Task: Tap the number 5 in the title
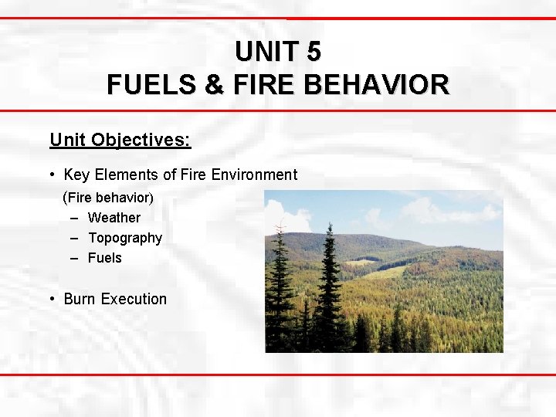click(x=313, y=52)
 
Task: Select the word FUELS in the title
click(x=151, y=84)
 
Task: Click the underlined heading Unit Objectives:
click(x=120, y=140)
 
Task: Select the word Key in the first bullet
click(x=77, y=175)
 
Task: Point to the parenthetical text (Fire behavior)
click(x=108, y=197)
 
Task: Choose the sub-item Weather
click(x=114, y=218)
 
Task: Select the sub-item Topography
click(x=125, y=238)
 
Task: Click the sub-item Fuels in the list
click(x=105, y=258)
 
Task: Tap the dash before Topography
click(x=74, y=238)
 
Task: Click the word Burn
click(x=80, y=299)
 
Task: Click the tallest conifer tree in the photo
click(x=331, y=286)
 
